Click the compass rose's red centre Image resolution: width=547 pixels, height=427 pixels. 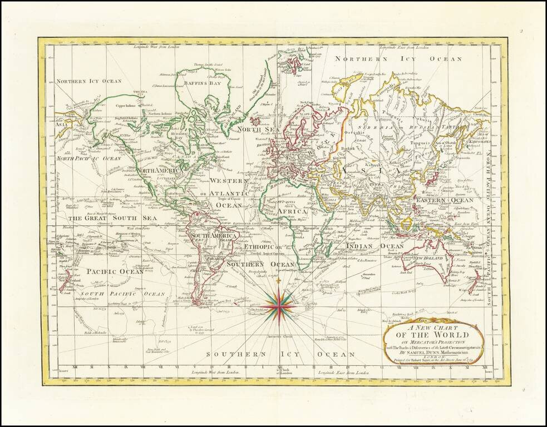coord(280,305)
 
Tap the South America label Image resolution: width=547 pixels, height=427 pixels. coord(210,236)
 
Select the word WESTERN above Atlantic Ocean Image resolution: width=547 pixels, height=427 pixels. coord(229,181)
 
